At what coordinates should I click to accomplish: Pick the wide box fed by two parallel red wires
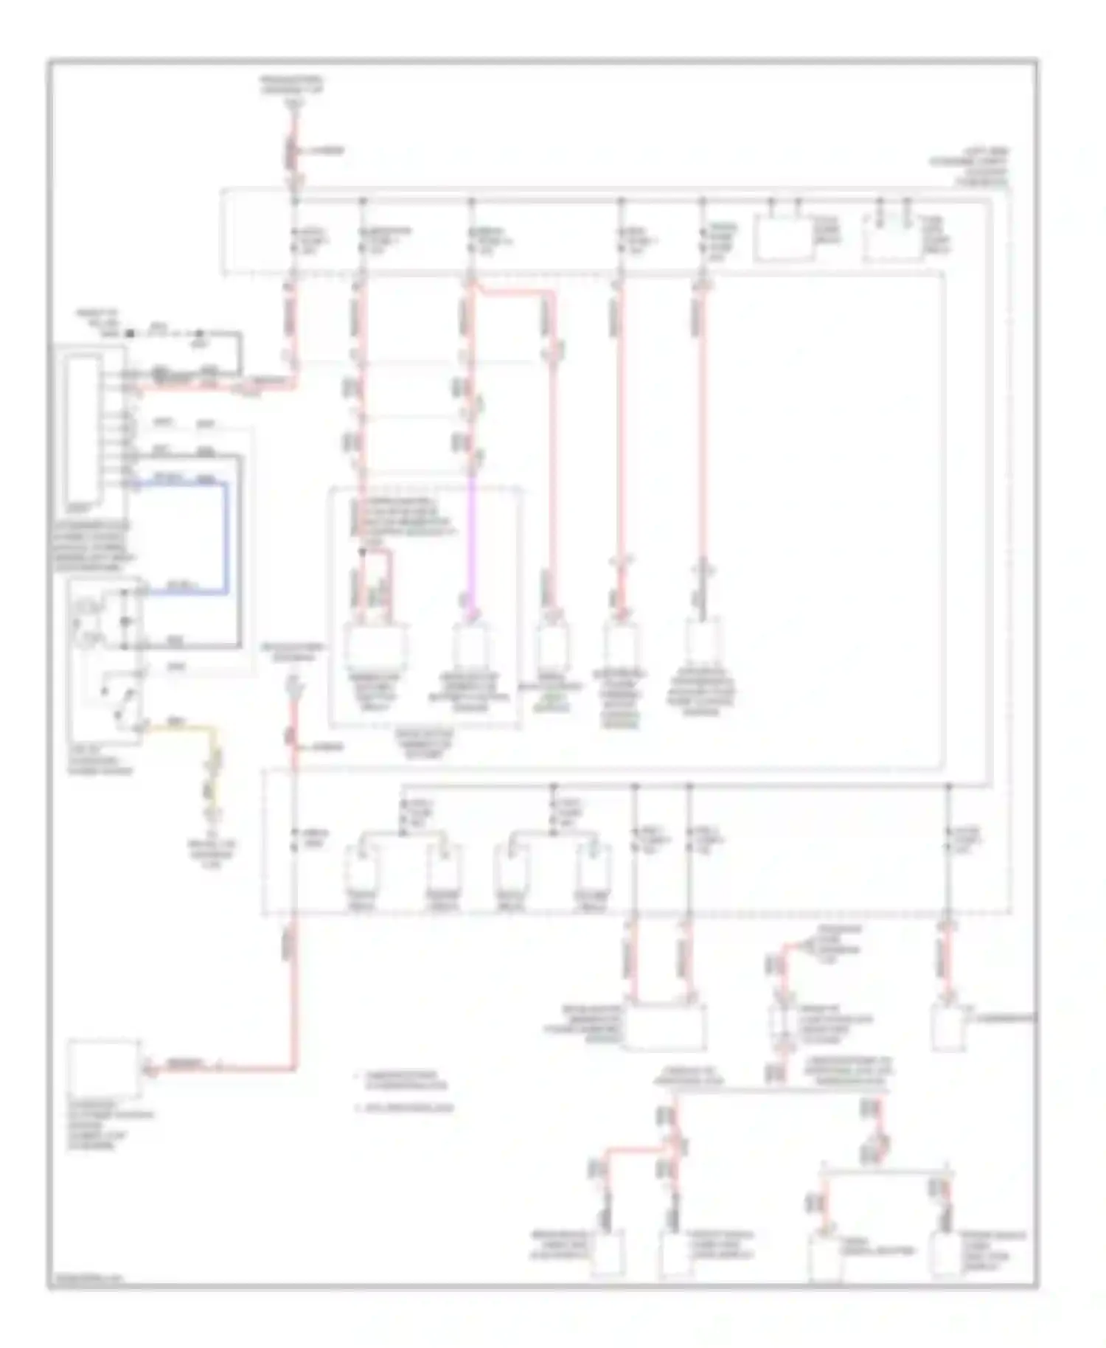coord(664,1025)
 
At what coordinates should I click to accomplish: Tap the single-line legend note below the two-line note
coord(406,1108)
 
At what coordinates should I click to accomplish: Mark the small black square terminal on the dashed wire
coord(131,334)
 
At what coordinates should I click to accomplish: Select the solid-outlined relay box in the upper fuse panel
coord(785,238)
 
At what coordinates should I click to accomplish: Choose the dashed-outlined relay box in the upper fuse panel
coord(893,238)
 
